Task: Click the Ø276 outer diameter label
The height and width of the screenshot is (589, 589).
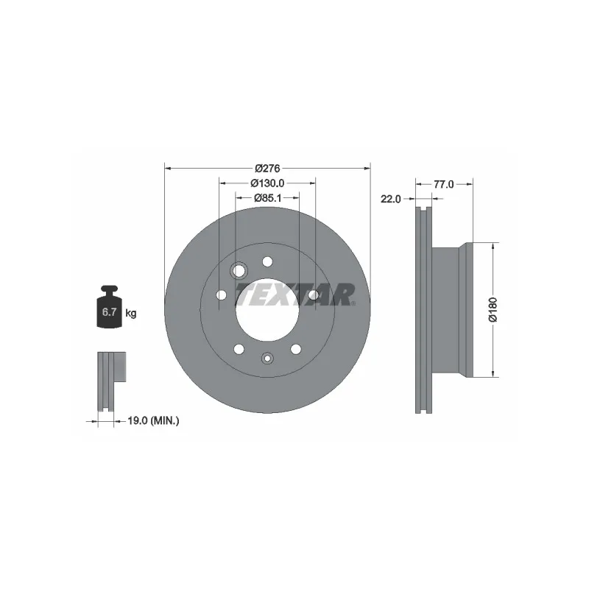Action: (x=267, y=169)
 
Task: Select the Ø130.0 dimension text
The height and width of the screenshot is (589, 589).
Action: (x=267, y=183)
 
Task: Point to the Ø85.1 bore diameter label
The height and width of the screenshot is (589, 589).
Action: (x=267, y=197)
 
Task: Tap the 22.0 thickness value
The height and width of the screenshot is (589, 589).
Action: (x=390, y=199)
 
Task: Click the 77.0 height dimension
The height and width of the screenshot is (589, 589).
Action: (x=442, y=185)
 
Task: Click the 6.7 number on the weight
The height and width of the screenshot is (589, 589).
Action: (x=109, y=313)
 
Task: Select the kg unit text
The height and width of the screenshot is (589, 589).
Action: (x=131, y=313)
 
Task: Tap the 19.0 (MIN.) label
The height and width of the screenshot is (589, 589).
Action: (x=154, y=420)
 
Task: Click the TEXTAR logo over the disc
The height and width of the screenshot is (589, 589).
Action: (x=295, y=295)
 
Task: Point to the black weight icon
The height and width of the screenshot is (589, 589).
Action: (x=109, y=307)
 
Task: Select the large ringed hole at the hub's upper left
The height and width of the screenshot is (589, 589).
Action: (x=239, y=271)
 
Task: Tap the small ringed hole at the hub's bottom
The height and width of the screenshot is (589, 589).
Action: (x=267, y=359)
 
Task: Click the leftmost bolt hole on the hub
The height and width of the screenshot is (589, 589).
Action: (x=221, y=295)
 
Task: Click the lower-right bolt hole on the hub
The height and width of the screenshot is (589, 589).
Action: (x=296, y=349)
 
